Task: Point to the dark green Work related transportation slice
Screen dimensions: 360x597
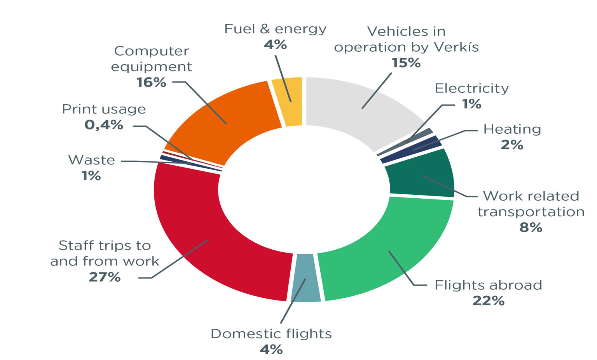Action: [x=422, y=175]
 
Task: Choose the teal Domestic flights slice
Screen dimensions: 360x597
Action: [x=306, y=278]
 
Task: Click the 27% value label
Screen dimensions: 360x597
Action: [x=105, y=277]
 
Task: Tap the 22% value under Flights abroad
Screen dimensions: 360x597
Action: [x=488, y=301]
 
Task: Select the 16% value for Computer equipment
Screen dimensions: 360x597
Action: [x=151, y=82]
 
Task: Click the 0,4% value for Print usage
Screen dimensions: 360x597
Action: [x=104, y=125]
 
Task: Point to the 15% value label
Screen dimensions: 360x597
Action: [x=406, y=63]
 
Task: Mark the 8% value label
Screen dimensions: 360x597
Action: [x=531, y=227]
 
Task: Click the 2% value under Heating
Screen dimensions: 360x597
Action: [x=512, y=145]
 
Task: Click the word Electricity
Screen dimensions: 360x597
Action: [x=471, y=89]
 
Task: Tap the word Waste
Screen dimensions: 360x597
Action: [x=91, y=160]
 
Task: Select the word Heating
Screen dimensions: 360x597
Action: [x=512, y=129]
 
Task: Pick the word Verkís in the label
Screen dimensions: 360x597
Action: [x=456, y=47]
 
